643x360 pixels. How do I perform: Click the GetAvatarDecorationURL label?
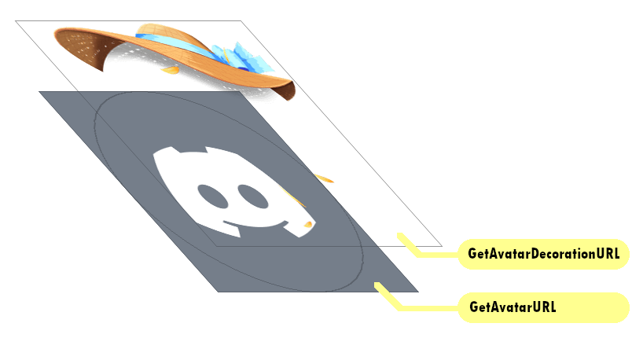click(x=543, y=254)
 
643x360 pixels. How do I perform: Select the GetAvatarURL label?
click(x=543, y=307)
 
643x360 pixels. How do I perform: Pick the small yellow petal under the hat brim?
click(x=170, y=71)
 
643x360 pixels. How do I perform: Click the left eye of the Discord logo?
click(x=211, y=193)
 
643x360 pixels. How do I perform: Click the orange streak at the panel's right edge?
click(x=325, y=178)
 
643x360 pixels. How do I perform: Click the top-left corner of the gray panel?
click(x=40, y=92)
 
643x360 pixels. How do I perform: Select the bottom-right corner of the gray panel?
click(x=417, y=291)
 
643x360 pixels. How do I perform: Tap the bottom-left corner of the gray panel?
click(x=218, y=291)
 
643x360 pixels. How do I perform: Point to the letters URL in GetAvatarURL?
click(x=544, y=307)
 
